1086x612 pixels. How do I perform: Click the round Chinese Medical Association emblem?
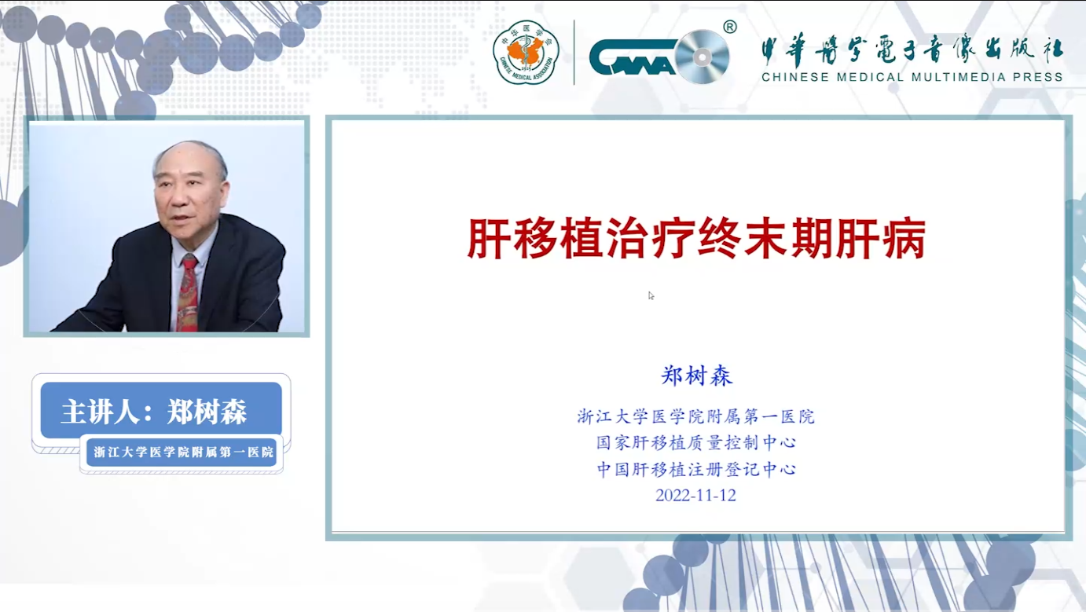526,53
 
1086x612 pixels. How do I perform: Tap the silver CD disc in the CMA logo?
702,57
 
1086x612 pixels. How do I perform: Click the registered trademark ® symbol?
730,27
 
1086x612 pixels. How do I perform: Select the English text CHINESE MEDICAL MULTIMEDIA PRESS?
912,77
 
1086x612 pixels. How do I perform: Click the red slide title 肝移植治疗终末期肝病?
696,239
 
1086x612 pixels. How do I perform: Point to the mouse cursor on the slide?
651,295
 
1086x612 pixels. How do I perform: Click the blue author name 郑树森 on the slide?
696,376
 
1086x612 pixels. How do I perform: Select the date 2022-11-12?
695,495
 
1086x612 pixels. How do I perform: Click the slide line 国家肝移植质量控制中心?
696,442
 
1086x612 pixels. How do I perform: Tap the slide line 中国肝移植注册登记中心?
696,469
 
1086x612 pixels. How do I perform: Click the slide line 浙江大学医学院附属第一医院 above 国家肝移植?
695,416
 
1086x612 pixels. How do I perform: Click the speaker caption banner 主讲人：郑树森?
161,410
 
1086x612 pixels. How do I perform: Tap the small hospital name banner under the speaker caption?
182,452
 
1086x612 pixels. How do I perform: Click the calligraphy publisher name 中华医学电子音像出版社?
912,50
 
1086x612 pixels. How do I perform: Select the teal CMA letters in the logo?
633,57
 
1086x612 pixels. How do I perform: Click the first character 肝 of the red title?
489,239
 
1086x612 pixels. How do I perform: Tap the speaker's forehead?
187,160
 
